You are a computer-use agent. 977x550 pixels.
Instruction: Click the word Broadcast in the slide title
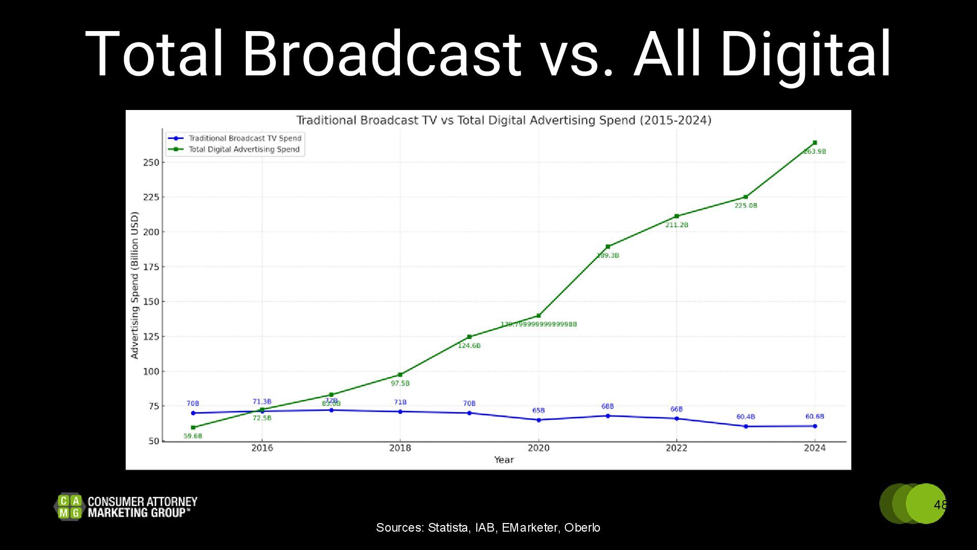[x=382, y=54]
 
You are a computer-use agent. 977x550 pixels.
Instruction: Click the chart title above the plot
[x=504, y=120]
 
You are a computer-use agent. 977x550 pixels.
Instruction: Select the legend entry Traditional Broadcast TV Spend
[x=245, y=138]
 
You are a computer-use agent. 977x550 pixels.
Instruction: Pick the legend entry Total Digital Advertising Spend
[x=244, y=149]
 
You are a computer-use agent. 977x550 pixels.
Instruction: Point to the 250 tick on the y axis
[x=151, y=162]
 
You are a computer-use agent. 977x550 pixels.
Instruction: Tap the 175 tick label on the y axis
[x=151, y=267]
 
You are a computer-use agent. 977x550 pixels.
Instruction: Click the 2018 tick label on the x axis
[x=400, y=448]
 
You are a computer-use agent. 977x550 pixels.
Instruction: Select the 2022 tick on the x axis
[x=676, y=448]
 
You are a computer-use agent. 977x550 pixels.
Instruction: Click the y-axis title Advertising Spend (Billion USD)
[x=135, y=285]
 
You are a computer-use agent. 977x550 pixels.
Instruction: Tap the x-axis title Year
[x=504, y=460]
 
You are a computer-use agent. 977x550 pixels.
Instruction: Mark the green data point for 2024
[x=815, y=143]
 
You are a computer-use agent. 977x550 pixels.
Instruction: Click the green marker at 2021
[x=608, y=246]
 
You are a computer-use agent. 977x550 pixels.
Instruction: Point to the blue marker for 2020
[x=538, y=420]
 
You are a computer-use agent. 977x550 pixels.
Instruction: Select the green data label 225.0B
[x=745, y=206]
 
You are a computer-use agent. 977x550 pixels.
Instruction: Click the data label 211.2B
[x=676, y=225]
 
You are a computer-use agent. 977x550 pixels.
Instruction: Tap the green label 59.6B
[x=193, y=436]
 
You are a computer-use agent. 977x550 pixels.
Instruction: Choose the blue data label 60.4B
[x=745, y=417]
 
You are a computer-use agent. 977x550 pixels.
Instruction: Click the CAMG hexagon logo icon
[x=69, y=507]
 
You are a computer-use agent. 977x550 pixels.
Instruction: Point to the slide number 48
[x=940, y=505]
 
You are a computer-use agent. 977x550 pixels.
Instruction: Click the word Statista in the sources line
[x=448, y=528]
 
